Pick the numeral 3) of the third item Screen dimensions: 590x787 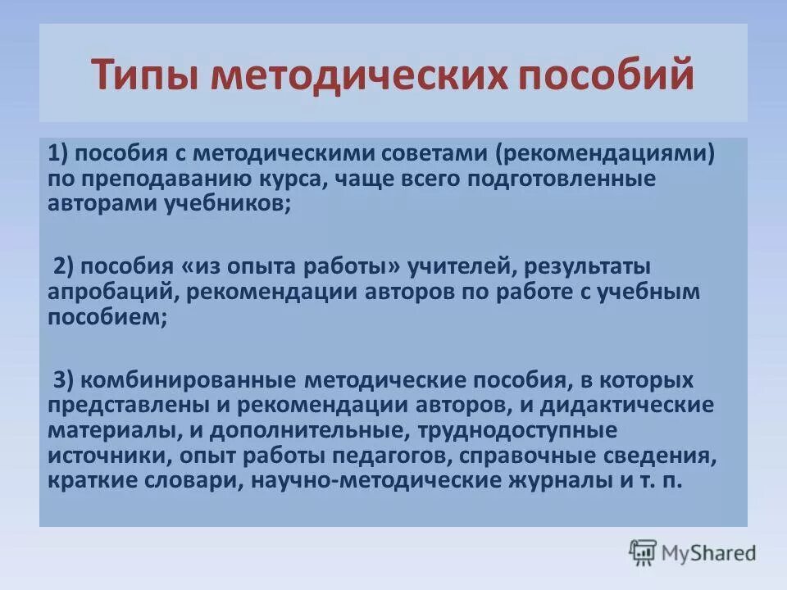click(65, 381)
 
